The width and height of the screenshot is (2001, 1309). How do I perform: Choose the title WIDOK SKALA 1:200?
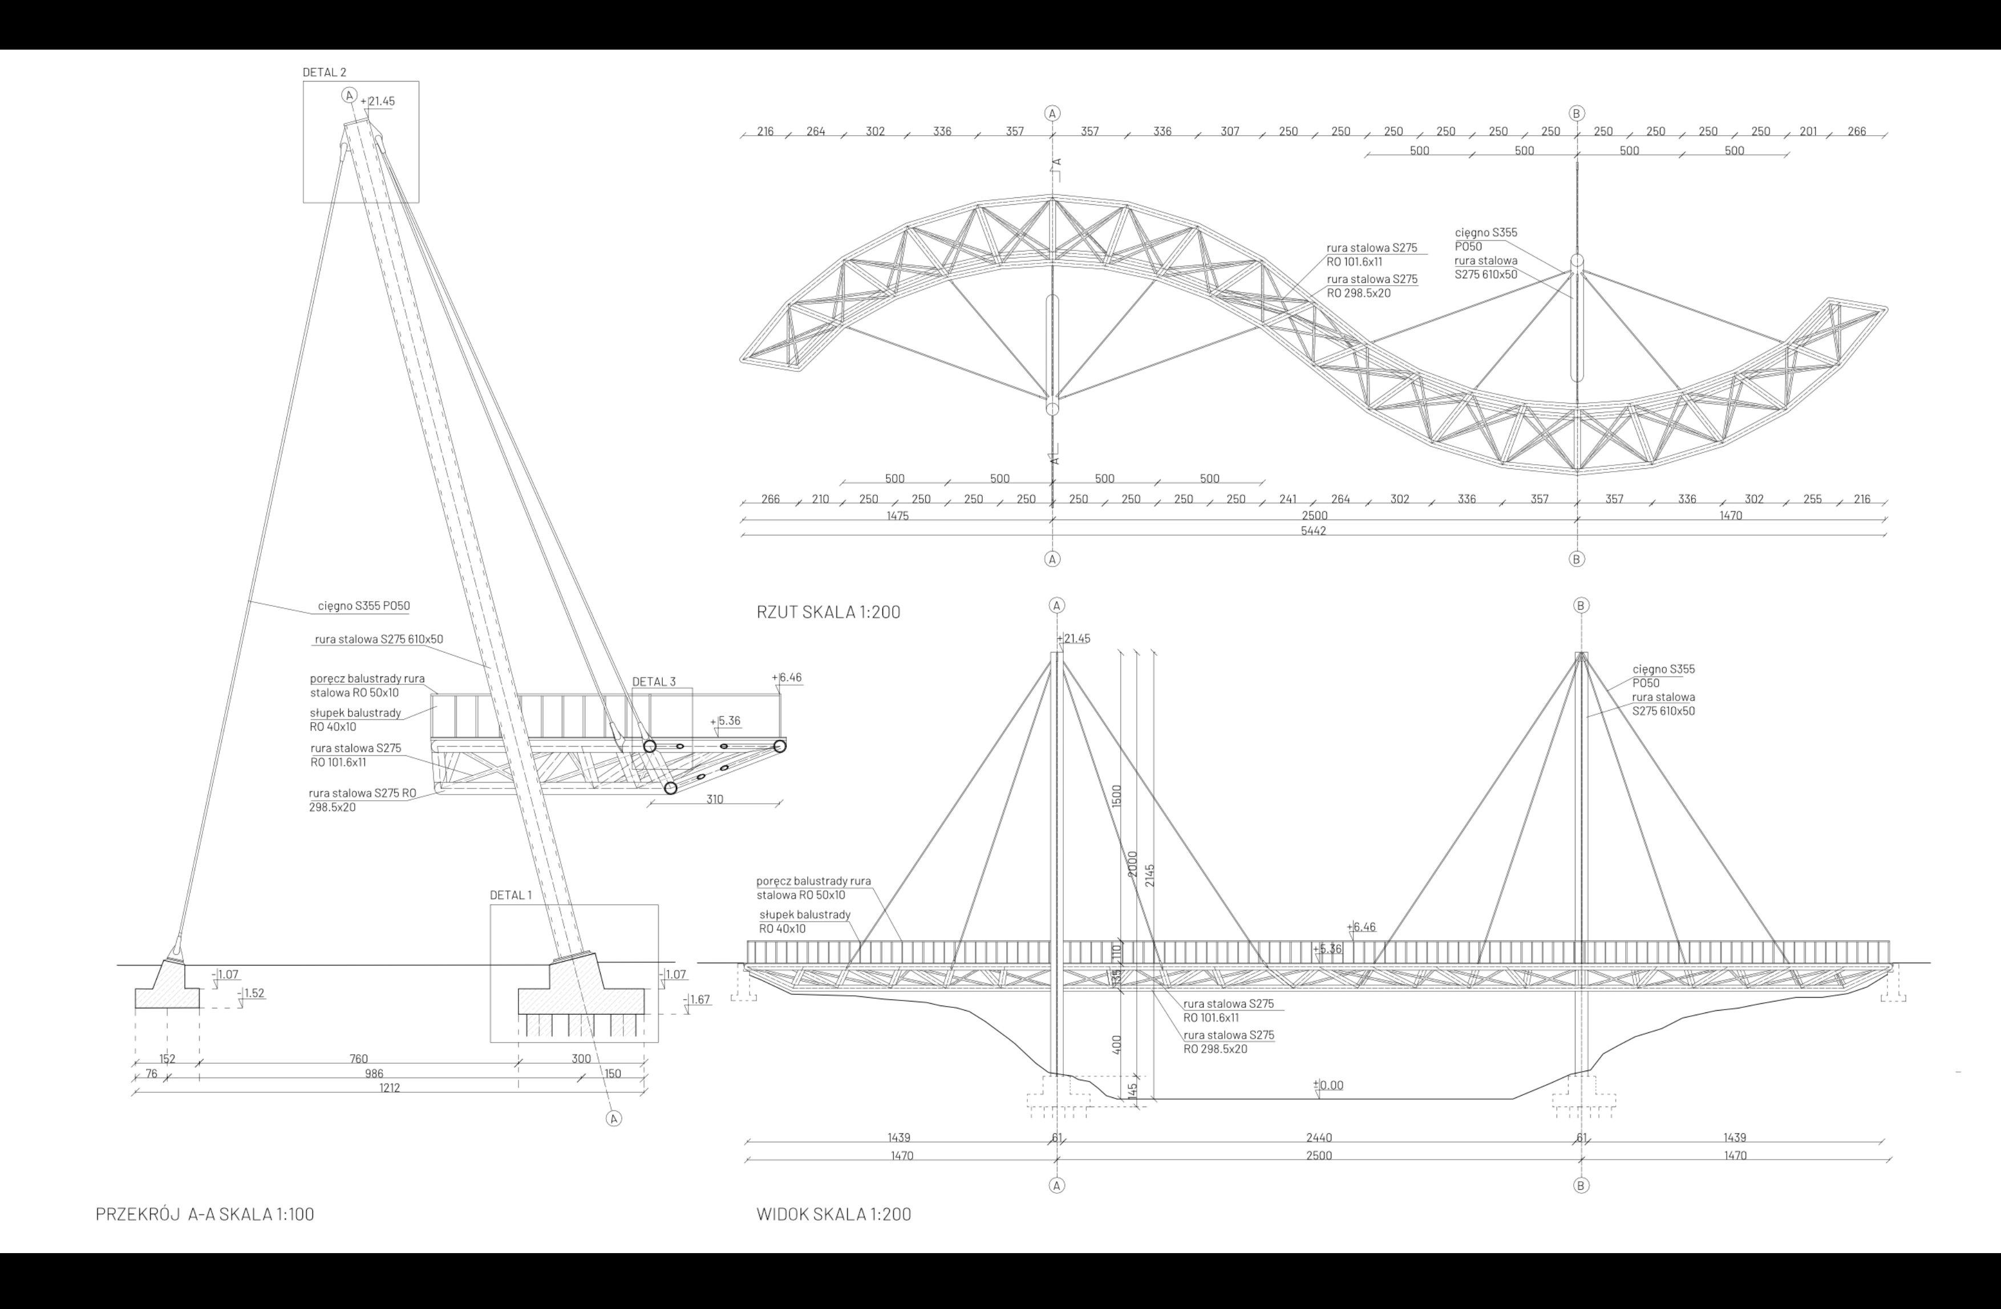[833, 1214]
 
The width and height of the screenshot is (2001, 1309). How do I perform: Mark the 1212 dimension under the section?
[389, 1088]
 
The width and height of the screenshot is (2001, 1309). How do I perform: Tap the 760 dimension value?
[358, 1059]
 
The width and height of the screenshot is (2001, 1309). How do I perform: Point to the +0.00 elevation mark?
[1329, 1085]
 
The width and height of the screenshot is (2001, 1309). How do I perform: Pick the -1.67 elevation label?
[699, 1000]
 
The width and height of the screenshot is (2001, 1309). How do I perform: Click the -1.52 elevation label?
[253, 993]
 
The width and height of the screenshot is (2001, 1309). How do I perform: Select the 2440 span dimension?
[1318, 1137]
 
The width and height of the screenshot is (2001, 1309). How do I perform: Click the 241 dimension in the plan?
[1287, 500]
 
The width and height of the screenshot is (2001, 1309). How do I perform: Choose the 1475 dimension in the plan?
[897, 516]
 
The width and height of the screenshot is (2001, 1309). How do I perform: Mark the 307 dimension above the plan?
[1229, 132]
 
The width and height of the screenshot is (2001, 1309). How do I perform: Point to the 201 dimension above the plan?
[1808, 132]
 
